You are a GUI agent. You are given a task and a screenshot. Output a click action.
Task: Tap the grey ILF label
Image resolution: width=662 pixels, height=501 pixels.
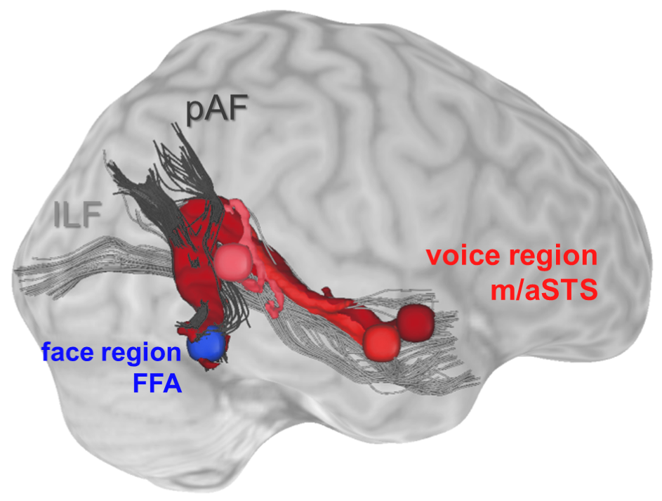[78, 214]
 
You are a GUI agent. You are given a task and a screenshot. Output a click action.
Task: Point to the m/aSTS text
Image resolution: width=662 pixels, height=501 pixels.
[544, 289]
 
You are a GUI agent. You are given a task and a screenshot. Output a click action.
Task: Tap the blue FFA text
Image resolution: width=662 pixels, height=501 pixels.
[157, 384]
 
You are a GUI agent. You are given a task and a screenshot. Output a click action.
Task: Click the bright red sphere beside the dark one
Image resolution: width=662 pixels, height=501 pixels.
[381, 341]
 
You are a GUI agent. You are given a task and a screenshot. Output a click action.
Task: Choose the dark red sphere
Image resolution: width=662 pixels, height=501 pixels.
[416, 323]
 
